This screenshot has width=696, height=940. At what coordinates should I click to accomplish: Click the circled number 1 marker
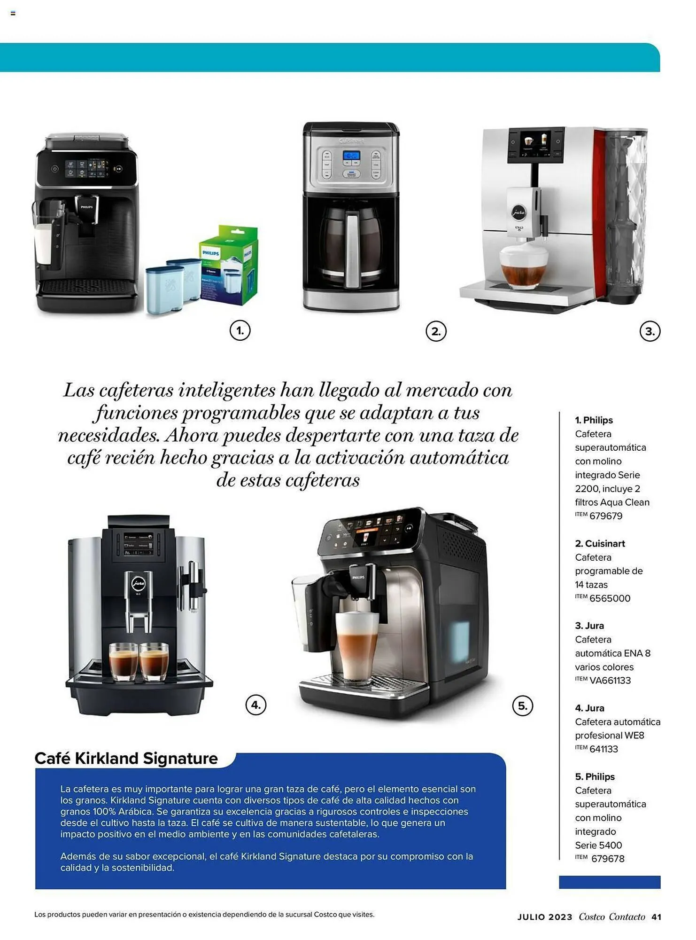240,331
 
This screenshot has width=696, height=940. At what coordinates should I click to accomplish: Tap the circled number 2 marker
436,331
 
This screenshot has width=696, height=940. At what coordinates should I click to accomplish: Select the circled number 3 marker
650,331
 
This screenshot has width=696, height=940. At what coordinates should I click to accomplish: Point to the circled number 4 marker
256,705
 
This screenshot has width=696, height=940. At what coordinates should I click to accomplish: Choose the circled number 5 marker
523,705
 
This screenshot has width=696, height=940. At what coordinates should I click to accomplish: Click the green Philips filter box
229,266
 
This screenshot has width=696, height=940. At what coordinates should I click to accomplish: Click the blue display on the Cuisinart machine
351,156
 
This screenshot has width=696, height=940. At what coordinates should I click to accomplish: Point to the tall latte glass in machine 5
356,649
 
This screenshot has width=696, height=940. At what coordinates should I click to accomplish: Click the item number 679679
606,516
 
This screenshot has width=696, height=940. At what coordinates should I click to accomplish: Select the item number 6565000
610,598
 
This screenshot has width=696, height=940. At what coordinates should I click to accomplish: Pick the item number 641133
603,749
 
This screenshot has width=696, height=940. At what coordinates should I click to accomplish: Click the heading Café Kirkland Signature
126,759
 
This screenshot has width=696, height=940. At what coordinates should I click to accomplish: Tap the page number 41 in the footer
656,917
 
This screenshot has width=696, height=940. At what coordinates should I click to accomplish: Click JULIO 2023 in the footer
545,917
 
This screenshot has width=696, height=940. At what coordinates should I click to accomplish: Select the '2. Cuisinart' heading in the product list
600,544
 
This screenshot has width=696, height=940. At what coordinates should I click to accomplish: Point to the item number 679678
608,859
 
